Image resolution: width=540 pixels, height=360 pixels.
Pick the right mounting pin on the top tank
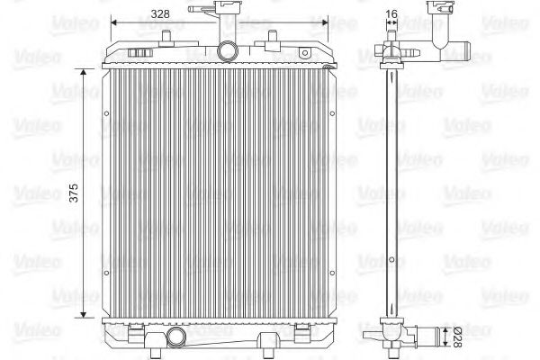[272, 39]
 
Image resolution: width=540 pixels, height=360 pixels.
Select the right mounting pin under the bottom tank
[266, 343]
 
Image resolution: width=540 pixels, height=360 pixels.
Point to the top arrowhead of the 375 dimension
[85, 76]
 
